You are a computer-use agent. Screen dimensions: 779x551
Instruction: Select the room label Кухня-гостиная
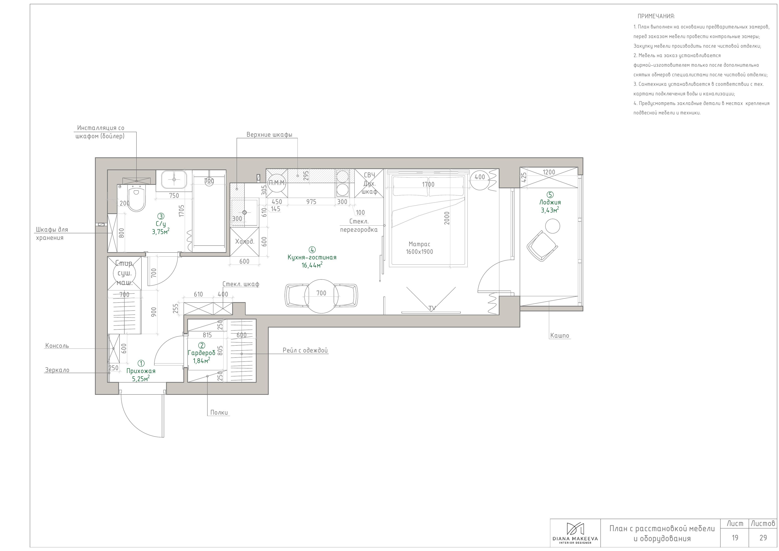tap(312, 257)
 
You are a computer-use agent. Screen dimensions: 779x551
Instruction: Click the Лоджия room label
tap(550, 202)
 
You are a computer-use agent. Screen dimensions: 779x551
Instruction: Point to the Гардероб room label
tap(202, 353)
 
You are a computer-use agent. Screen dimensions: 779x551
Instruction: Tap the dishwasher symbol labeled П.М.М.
tap(277, 183)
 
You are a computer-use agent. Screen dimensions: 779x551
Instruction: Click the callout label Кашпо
tap(560, 336)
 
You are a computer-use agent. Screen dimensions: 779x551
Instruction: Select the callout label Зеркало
tap(57, 370)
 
